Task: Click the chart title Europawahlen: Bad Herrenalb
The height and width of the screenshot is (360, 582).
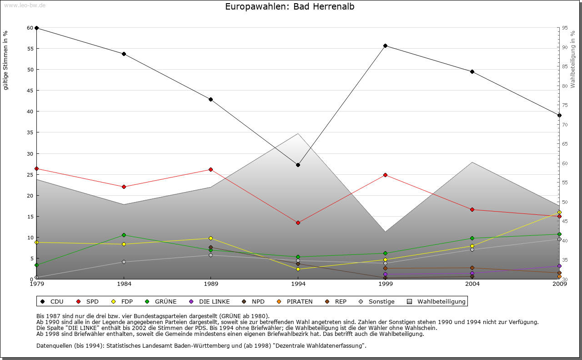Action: point(290,7)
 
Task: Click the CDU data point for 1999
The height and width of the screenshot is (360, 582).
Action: point(385,46)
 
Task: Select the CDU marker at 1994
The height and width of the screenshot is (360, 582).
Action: point(298,165)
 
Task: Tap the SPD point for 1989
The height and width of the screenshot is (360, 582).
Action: point(211,169)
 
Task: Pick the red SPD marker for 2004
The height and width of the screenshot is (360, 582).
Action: point(472,209)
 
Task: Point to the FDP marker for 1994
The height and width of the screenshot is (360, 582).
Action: point(298,269)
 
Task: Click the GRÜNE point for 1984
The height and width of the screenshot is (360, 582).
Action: point(124,235)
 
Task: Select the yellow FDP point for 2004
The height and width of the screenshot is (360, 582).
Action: point(472,246)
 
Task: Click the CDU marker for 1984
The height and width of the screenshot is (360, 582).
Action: point(124,54)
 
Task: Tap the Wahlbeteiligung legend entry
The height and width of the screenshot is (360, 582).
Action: point(436,301)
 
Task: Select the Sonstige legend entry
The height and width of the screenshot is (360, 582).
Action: point(377,301)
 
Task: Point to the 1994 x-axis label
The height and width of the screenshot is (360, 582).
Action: point(298,284)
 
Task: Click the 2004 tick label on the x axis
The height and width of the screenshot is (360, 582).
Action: point(472,284)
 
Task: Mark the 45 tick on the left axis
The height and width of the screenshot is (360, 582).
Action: point(30,91)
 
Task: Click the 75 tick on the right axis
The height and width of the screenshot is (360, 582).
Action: point(564,105)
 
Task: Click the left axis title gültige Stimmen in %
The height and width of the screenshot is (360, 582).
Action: point(6,60)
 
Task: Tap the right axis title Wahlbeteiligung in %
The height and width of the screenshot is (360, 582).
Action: point(573,59)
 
